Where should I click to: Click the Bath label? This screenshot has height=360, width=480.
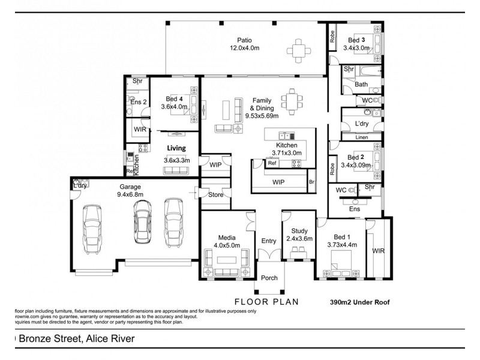point(361,85)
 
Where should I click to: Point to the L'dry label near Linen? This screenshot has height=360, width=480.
point(362,123)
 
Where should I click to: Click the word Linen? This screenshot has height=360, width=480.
point(362,137)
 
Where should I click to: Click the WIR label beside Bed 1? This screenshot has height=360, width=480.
point(379,251)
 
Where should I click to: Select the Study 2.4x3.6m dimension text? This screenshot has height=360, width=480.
point(299,238)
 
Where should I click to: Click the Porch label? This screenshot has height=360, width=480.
point(269,278)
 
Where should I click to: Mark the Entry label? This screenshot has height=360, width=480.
point(269,241)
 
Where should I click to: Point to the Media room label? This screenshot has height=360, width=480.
point(227,237)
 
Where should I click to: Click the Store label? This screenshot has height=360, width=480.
point(215,194)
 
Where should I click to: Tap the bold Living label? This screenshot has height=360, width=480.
point(176,148)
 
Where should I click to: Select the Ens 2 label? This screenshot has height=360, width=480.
point(139,102)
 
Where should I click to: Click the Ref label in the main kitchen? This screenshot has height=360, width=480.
point(272,163)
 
